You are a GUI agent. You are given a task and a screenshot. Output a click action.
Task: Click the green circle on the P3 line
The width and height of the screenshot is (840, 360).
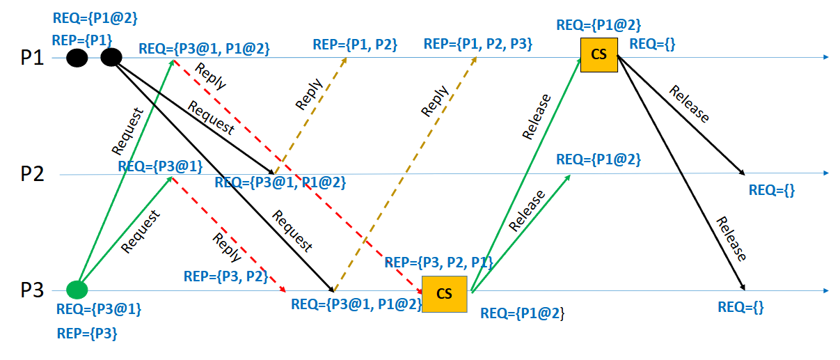point(77,289)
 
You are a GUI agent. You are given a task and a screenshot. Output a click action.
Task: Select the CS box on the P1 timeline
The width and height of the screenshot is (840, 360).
point(599,55)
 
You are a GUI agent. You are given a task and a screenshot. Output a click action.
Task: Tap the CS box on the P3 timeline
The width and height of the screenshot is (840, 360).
point(444,294)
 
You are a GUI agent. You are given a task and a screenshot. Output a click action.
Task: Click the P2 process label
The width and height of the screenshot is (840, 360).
point(32,173)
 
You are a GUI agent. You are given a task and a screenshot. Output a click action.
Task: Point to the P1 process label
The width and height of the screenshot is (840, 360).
point(32,58)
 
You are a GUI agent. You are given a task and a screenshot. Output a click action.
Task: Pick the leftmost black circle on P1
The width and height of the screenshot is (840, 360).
point(77,58)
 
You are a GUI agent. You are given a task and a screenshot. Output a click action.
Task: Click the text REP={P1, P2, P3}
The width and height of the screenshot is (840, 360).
point(478,45)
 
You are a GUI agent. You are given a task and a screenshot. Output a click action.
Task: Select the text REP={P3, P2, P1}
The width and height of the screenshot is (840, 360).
point(438,263)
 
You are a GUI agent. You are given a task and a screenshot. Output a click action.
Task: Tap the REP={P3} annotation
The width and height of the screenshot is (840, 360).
point(86,334)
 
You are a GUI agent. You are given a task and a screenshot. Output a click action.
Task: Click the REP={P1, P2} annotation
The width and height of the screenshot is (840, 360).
point(355,45)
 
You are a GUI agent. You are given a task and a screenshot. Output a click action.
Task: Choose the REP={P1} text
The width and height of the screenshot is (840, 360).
point(82,40)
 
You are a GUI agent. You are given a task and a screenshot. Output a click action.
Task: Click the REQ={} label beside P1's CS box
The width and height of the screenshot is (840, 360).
point(652,45)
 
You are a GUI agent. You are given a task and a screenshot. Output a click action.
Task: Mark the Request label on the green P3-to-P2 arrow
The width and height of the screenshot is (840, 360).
point(141,231)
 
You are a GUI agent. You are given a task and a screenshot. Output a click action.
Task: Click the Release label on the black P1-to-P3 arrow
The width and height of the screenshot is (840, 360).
point(731,239)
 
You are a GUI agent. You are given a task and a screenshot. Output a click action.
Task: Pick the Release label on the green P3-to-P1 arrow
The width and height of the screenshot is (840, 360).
point(536,117)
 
